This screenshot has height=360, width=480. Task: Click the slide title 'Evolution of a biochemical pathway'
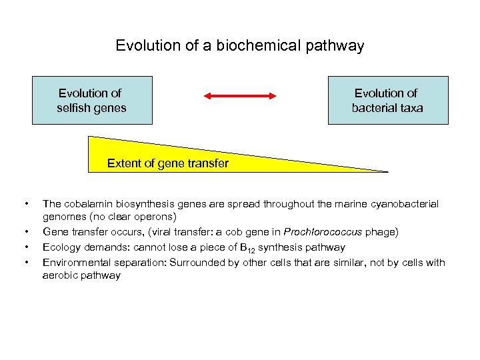239,45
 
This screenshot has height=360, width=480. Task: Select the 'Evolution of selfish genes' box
92,100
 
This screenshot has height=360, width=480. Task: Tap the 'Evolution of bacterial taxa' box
387,100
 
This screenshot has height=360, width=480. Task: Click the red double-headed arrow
239,96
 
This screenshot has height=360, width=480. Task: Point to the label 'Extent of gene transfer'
167,163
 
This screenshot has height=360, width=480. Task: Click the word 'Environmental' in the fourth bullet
76,262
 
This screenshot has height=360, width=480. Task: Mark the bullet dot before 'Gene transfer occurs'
25,233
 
